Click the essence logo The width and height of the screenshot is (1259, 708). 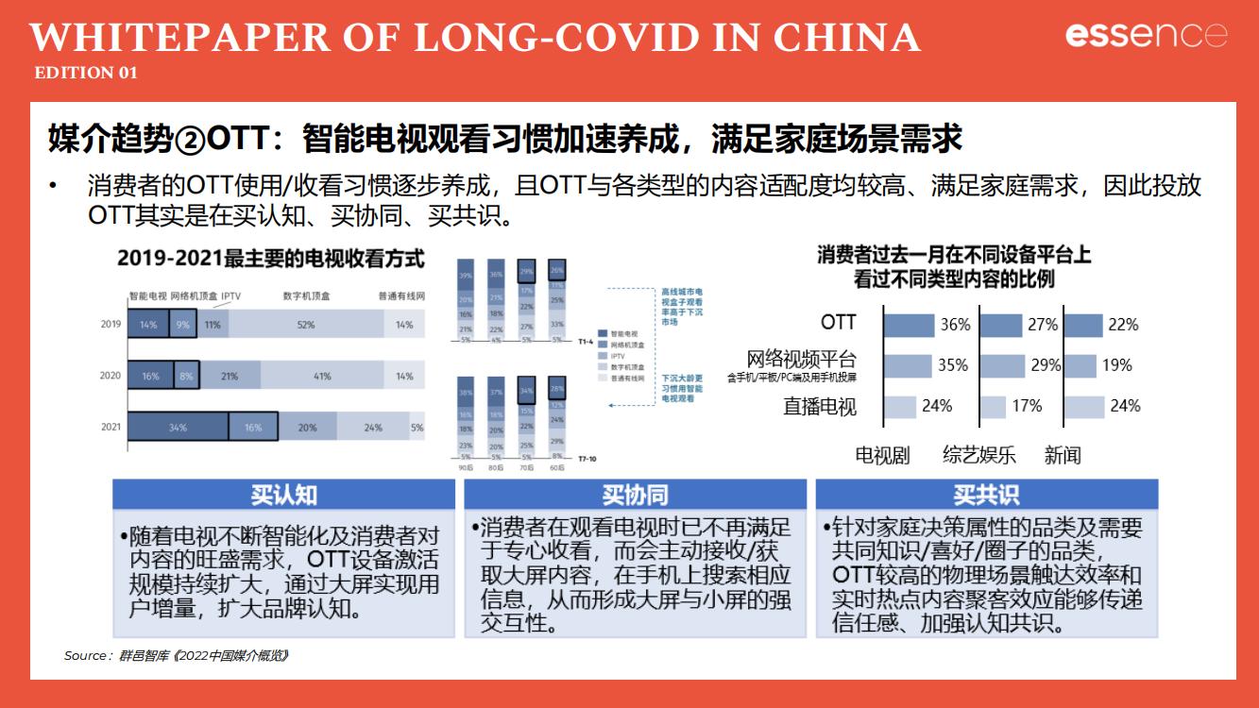point(1147,35)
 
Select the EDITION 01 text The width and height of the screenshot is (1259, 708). point(86,73)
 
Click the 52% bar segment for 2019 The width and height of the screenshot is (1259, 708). point(305,324)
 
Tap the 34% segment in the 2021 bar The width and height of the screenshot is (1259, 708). point(178,427)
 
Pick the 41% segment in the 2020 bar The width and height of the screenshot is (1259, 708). point(322,376)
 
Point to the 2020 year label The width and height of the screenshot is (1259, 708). point(111,376)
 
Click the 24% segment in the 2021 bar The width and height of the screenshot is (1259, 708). point(373,427)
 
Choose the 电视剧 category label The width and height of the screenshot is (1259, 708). point(882,455)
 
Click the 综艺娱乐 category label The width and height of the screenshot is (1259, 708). point(978,455)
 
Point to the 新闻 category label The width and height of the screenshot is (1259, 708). point(1063,455)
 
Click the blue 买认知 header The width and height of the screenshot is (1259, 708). point(284,495)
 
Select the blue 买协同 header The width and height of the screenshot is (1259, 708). point(636,495)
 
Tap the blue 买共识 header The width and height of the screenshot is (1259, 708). point(986,495)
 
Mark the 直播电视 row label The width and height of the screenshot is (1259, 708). point(819,407)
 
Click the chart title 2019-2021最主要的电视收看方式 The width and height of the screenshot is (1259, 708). point(270,258)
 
